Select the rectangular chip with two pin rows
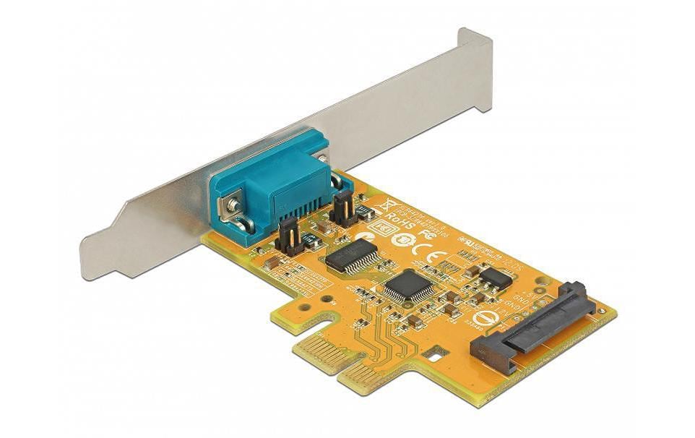[x=352, y=254]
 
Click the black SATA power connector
[x=531, y=326]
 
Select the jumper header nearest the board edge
[x=288, y=236]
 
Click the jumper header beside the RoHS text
[x=342, y=209]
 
